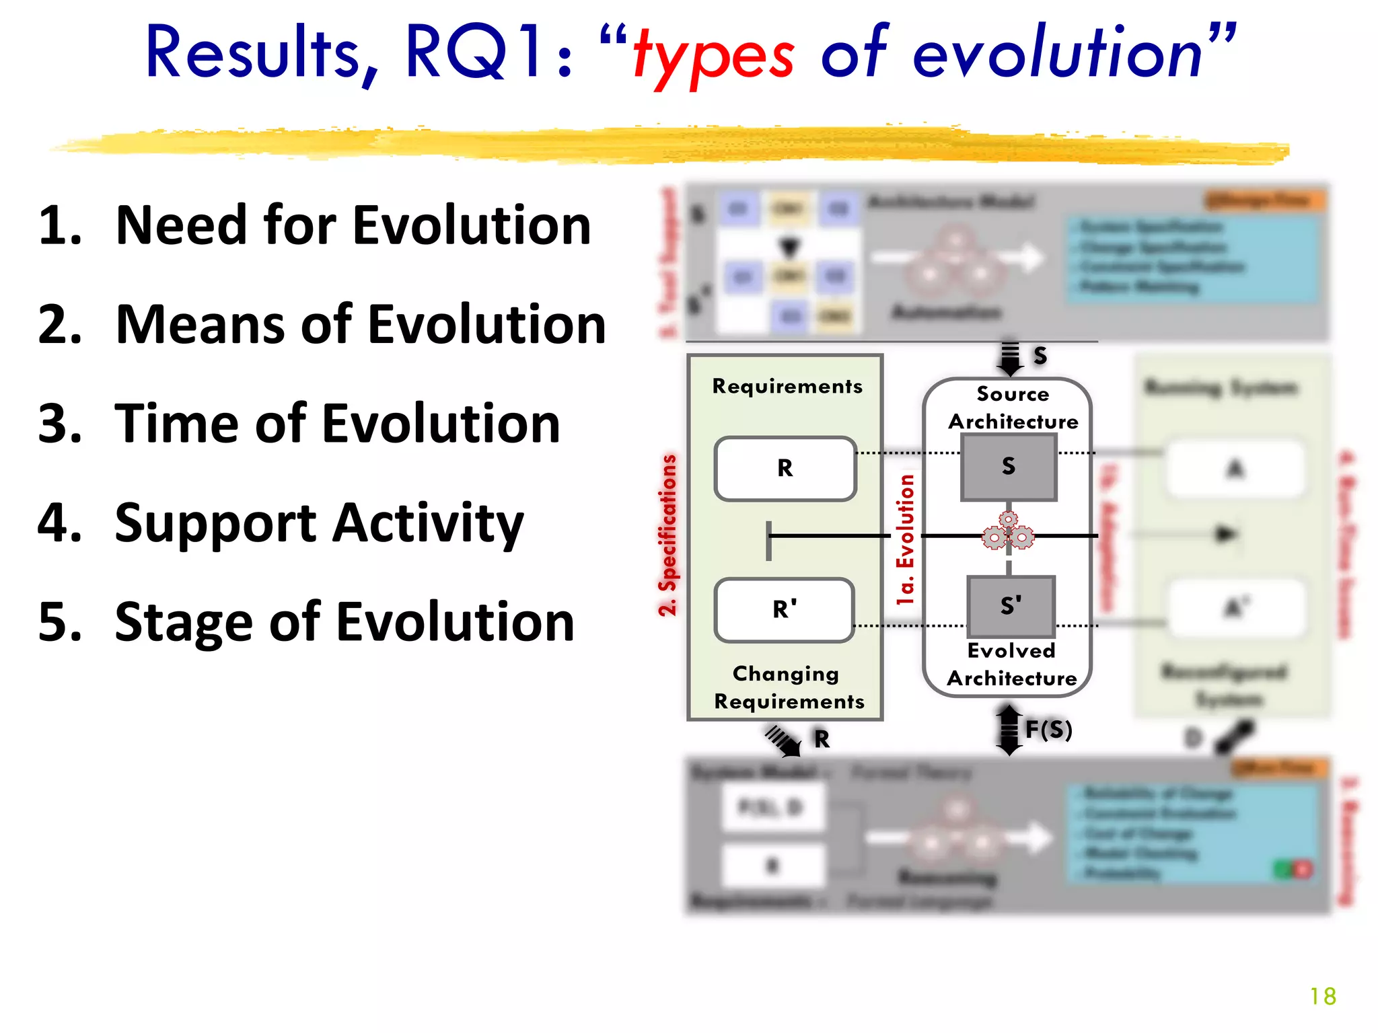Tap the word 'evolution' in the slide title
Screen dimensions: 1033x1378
[x=1056, y=54]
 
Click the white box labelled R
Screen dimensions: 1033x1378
[x=785, y=469]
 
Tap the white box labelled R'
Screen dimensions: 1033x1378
[x=785, y=609]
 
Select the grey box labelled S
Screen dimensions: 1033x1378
[x=1008, y=467]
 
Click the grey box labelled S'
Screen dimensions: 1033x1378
[x=1010, y=606]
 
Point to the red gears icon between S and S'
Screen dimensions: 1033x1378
[x=1008, y=533]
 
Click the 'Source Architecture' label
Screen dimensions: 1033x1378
[x=1013, y=408]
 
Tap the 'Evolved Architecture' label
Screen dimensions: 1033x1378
[x=1011, y=664]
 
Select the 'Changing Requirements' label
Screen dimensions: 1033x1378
[x=788, y=687]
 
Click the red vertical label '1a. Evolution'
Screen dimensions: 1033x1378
[x=906, y=539]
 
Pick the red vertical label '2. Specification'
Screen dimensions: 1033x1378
[x=667, y=535]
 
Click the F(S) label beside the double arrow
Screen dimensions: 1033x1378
[x=1048, y=730]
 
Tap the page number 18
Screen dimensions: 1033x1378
[x=1322, y=996]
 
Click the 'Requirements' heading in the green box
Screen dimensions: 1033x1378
[x=787, y=386]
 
